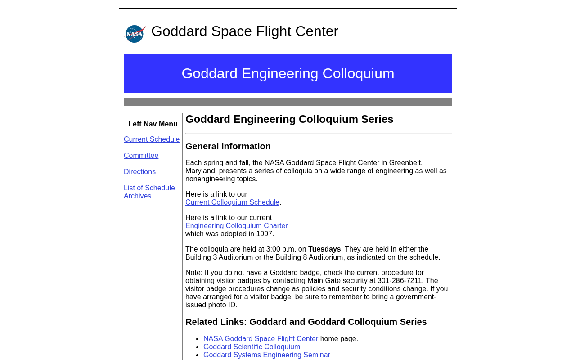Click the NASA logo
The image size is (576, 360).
135,34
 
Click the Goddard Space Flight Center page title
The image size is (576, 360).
244,31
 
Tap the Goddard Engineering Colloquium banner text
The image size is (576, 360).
288,73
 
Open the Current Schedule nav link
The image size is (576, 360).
152,139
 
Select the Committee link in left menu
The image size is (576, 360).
141,156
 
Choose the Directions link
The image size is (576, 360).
139,172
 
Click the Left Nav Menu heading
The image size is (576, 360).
153,124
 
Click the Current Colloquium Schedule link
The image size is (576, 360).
232,202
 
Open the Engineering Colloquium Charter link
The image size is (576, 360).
236,226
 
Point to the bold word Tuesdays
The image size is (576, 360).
324,249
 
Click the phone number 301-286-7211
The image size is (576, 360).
400,281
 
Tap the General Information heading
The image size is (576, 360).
228,146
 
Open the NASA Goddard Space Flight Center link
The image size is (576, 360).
261,339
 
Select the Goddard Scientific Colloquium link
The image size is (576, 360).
252,347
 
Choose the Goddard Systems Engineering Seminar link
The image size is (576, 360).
266,355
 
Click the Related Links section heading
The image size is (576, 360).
306,322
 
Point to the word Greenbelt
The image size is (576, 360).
405,163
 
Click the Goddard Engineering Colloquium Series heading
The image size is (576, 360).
289,119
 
